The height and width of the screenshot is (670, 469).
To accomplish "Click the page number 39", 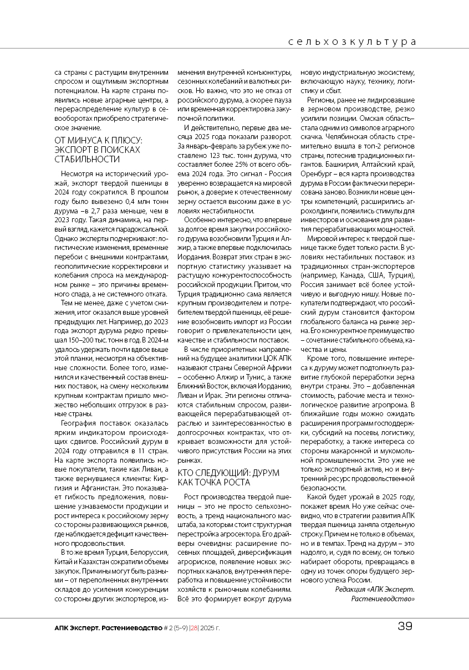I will click(x=405, y=627).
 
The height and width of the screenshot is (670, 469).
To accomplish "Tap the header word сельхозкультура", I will click(x=352, y=42).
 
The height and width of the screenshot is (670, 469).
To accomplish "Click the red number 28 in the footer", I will click(x=193, y=628).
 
